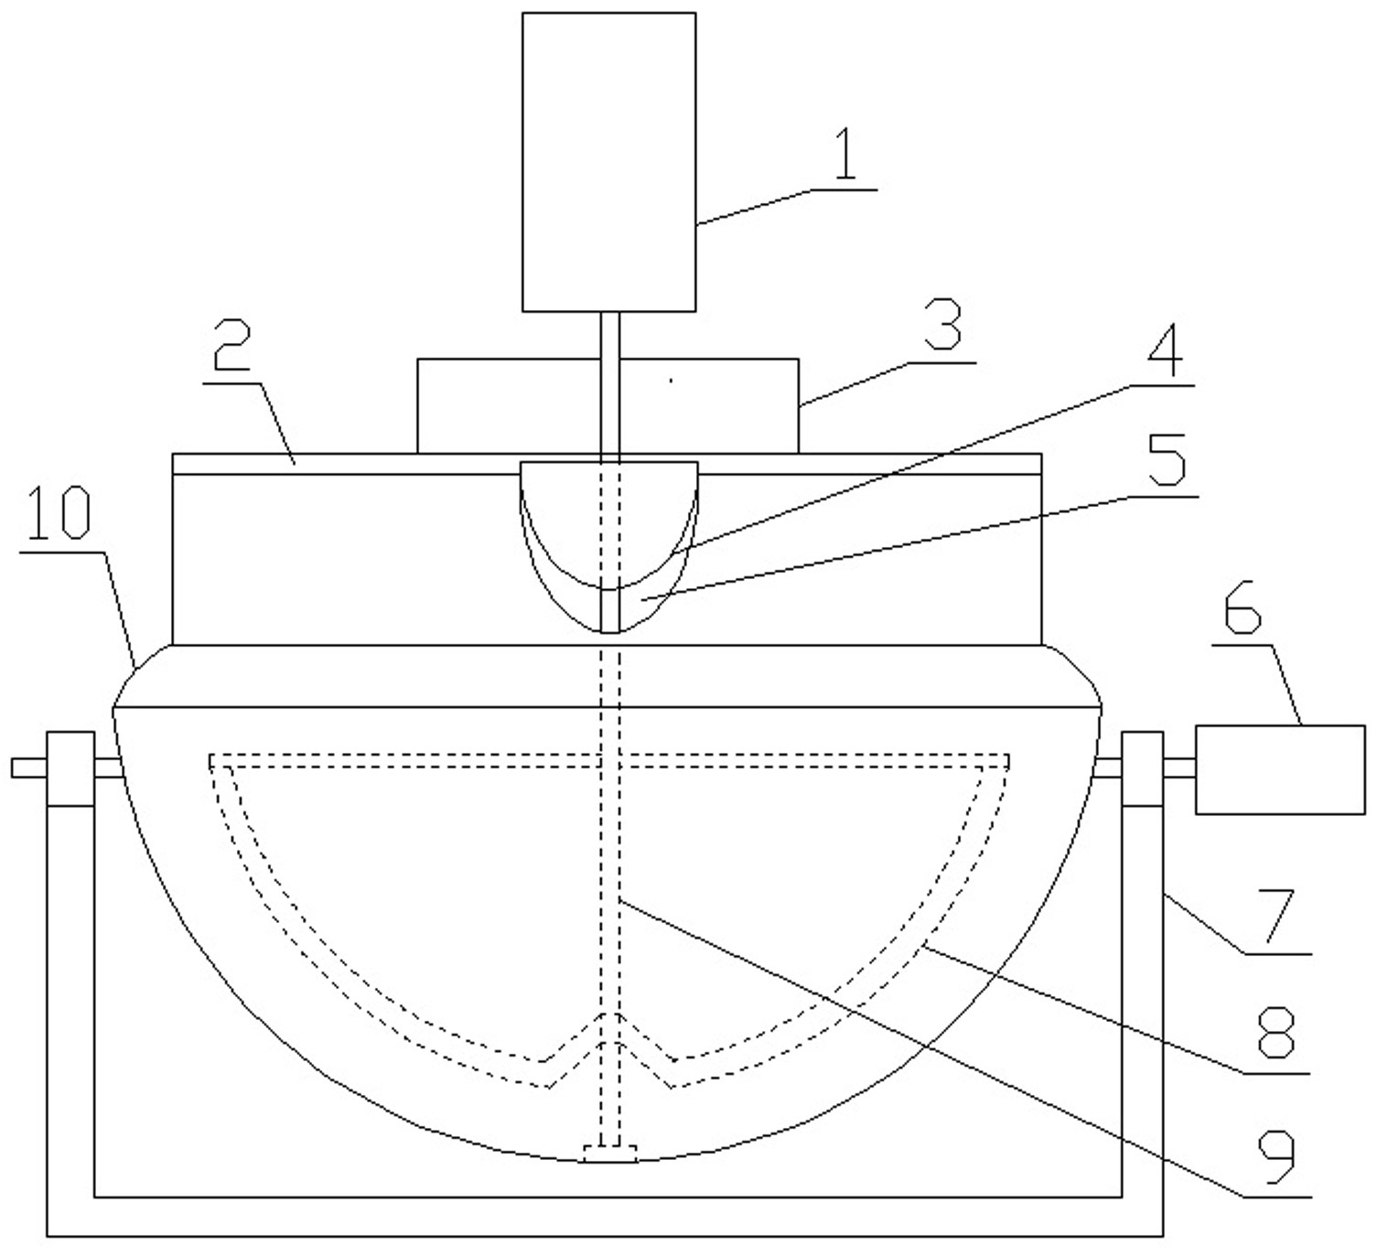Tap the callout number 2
pyautogui.click(x=232, y=345)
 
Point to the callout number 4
pyautogui.click(x=1166, y=349)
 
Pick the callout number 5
pyautogui.click(x=1167, y=459)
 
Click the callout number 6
pyautogui.click(x=1243, y=607)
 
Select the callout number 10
pyautogui.click(x=59, y=512)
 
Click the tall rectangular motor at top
pyautogui.click(x=608, y=162)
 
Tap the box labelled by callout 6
pyautogui.click(x=1280, y=770)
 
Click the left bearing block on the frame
pyautogui.click(x=70, y=768)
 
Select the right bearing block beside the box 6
pyautogui.click(x=1142, y=768)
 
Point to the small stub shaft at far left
pyautogui.click(x=29, y=768)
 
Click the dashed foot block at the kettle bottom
pyautogui.click(x=609, y=1154)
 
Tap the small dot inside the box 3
pyautogui.click(x=671, y=380)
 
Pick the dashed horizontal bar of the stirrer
pyautogui.click(x=608, y=760)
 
